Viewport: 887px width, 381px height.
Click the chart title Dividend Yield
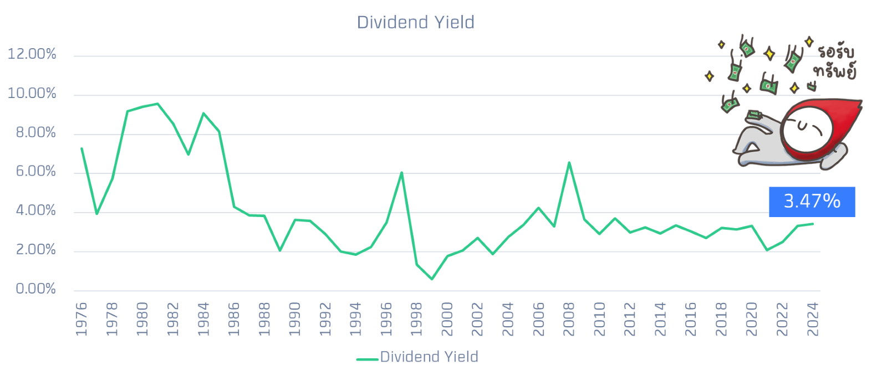click(416, 22)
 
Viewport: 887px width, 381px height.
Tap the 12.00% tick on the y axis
click(32, 54)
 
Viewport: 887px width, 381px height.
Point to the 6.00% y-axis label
click(35, 172)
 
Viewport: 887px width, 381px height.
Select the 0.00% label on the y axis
click(35, 289)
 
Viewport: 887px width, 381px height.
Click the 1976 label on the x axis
click(81, 319)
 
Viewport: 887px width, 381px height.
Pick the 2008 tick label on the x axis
click(569, 319)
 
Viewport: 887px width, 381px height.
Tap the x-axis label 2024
click(813, 319)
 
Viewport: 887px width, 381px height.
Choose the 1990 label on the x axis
click(295, 319)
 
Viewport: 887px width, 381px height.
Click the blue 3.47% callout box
click(812, 202)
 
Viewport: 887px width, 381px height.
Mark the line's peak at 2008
click(569, 163)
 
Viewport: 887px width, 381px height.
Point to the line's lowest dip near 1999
click(432, 280)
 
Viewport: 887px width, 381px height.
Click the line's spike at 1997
click(401, 173)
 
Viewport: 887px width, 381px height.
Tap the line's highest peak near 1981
click(158, 104)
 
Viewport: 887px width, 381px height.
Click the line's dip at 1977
click(97, 214)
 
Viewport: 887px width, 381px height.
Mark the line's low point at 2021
click(767, 250)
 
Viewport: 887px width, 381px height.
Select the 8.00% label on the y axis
click(35, 133)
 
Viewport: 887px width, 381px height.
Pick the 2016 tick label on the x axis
click(691, 319)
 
